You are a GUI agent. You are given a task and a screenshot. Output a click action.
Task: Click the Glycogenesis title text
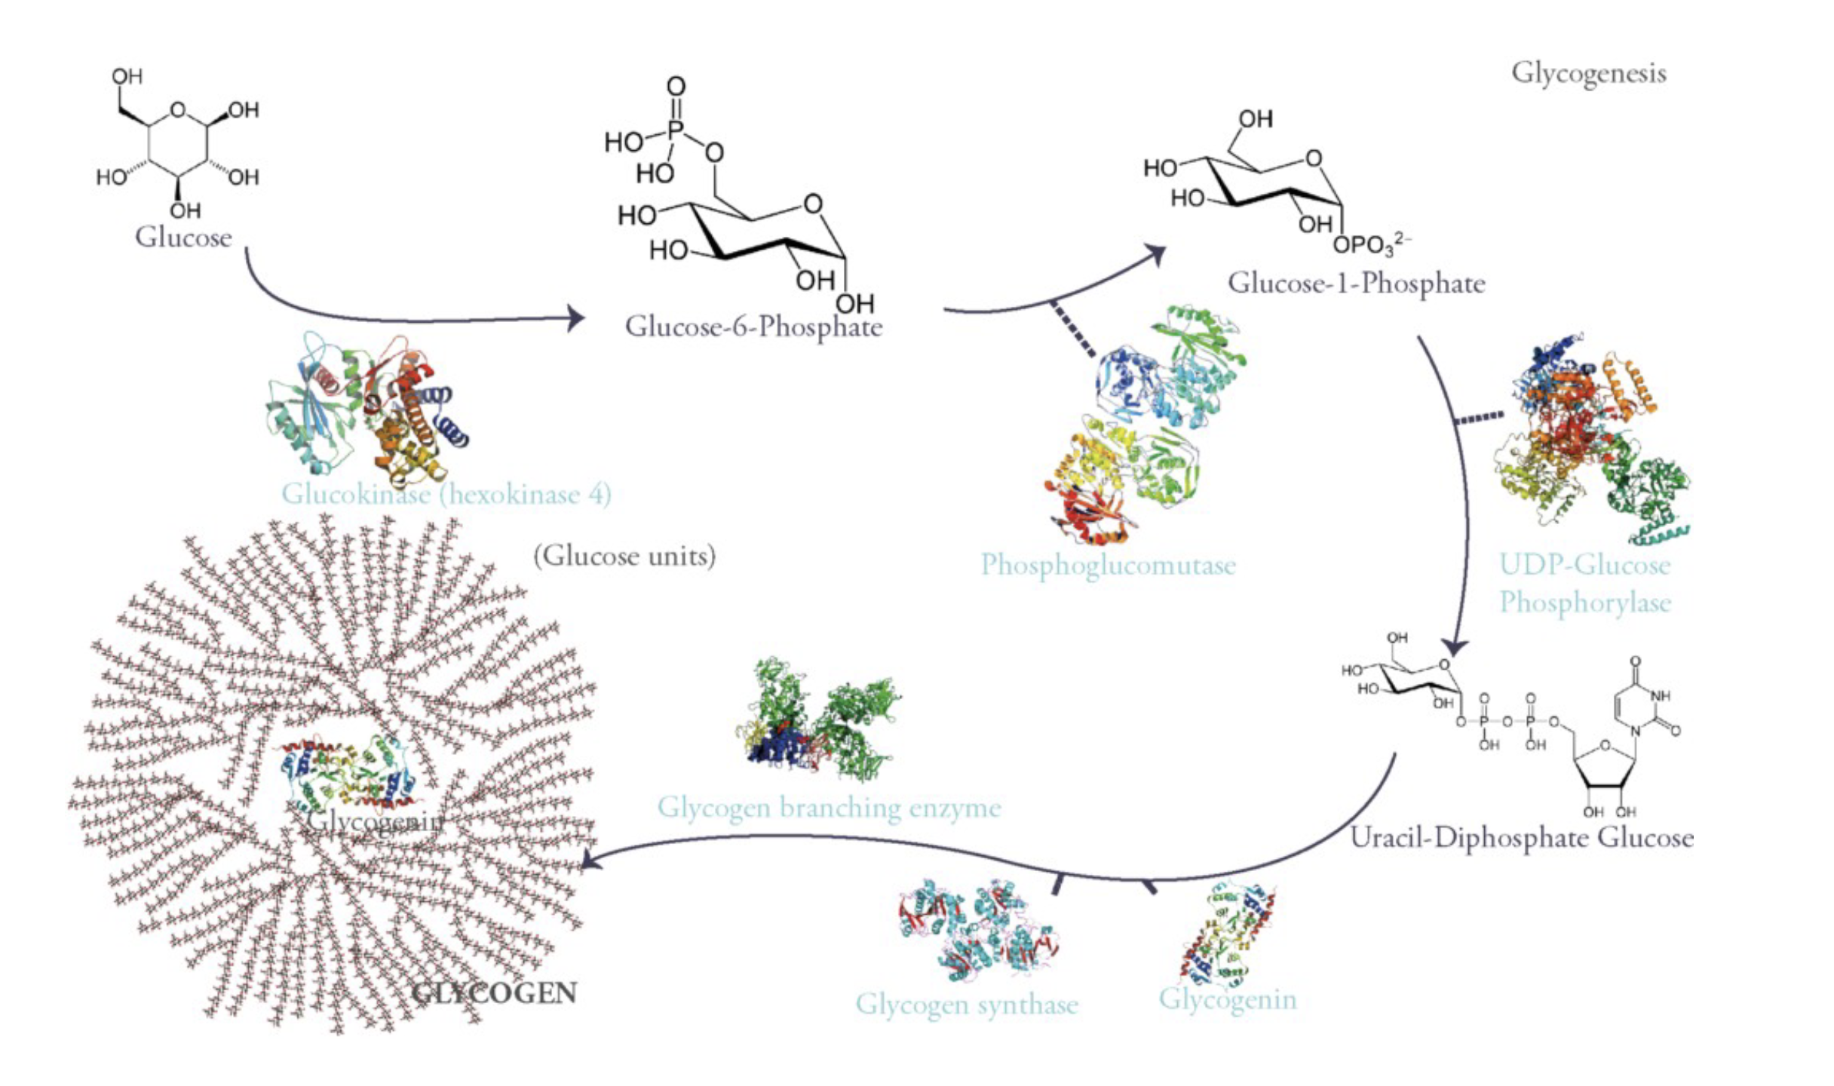tap(1588, 74)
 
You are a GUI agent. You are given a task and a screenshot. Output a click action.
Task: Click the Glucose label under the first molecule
tap(183, 238)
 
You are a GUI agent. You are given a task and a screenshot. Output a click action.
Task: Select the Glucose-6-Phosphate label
tap(753, 327)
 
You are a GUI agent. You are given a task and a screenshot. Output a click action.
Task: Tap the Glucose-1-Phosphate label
tap(1356, 284)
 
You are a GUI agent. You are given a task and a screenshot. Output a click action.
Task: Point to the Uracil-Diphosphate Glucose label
tap(1521, 838)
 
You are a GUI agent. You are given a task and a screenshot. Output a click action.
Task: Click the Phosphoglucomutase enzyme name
tap(1108, 565)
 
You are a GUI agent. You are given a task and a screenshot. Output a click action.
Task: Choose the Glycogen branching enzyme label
tap(829, 808)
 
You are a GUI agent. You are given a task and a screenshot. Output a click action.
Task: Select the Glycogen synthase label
tap(966, 1005)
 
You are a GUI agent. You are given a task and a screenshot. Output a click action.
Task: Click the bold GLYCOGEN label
tap(495, 993)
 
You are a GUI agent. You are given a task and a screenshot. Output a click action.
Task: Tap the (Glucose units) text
tap(624, 557)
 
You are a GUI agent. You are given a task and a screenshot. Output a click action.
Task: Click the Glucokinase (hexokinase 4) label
tap(446, 495)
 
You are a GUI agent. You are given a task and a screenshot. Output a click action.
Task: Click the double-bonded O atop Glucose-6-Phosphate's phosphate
tap(676, 87)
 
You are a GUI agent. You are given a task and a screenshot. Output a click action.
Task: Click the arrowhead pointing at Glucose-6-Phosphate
tap(576, 319)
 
